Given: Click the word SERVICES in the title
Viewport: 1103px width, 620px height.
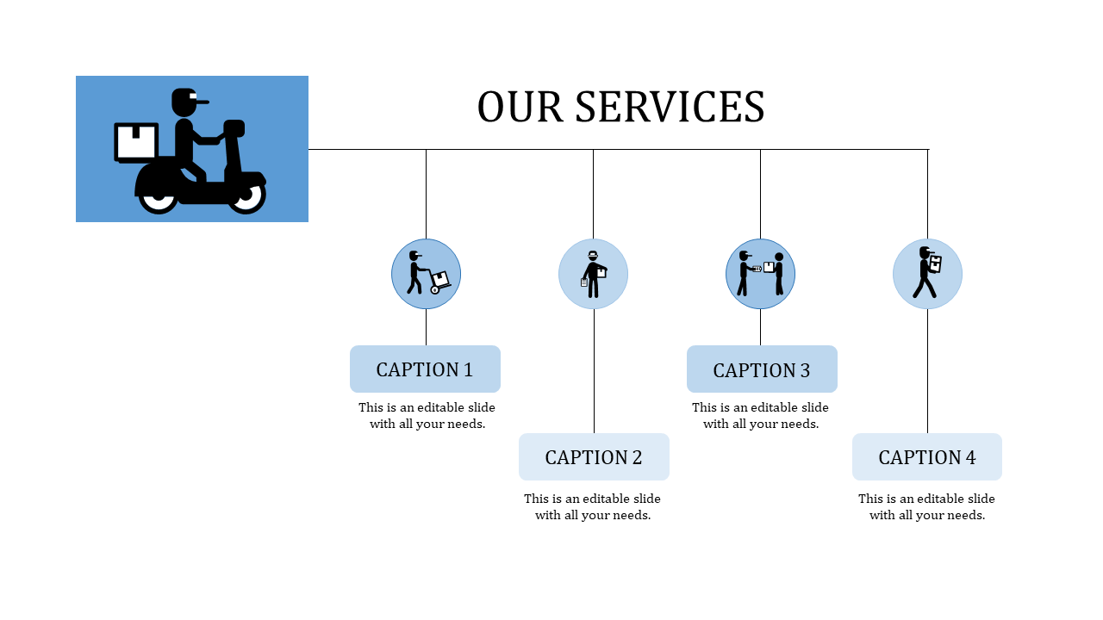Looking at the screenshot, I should (670, 108).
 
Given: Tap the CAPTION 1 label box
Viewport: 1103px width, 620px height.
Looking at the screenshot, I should (425, 369).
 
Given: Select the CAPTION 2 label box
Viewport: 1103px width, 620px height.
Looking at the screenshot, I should (594, 457).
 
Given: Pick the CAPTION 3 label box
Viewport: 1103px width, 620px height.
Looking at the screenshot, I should (762, 369).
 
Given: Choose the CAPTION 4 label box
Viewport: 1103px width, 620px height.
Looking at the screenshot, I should (927, 457).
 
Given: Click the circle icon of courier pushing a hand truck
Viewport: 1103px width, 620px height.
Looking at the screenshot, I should (426, 274).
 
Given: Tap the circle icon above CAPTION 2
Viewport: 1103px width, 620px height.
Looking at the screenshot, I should (593, 274).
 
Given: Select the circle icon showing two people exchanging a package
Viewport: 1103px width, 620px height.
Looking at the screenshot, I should (760, 274).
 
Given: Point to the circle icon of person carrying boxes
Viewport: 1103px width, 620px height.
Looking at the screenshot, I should (927, 274).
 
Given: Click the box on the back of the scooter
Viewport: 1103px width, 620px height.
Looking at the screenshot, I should (136, 142).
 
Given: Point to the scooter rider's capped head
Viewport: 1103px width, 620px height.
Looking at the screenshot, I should (186, 102).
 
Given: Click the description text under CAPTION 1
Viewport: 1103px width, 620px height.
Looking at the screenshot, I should (427, 416).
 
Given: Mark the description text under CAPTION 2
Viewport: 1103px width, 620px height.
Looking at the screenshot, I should (593, 507).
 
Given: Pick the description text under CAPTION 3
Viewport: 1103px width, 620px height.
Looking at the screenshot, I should (761, 416).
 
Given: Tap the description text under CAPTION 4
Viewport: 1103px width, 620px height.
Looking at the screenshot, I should (927, 507).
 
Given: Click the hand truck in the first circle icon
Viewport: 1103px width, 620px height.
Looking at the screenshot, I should (439, 282).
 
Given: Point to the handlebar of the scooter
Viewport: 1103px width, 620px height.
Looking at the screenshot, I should (234, 128).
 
